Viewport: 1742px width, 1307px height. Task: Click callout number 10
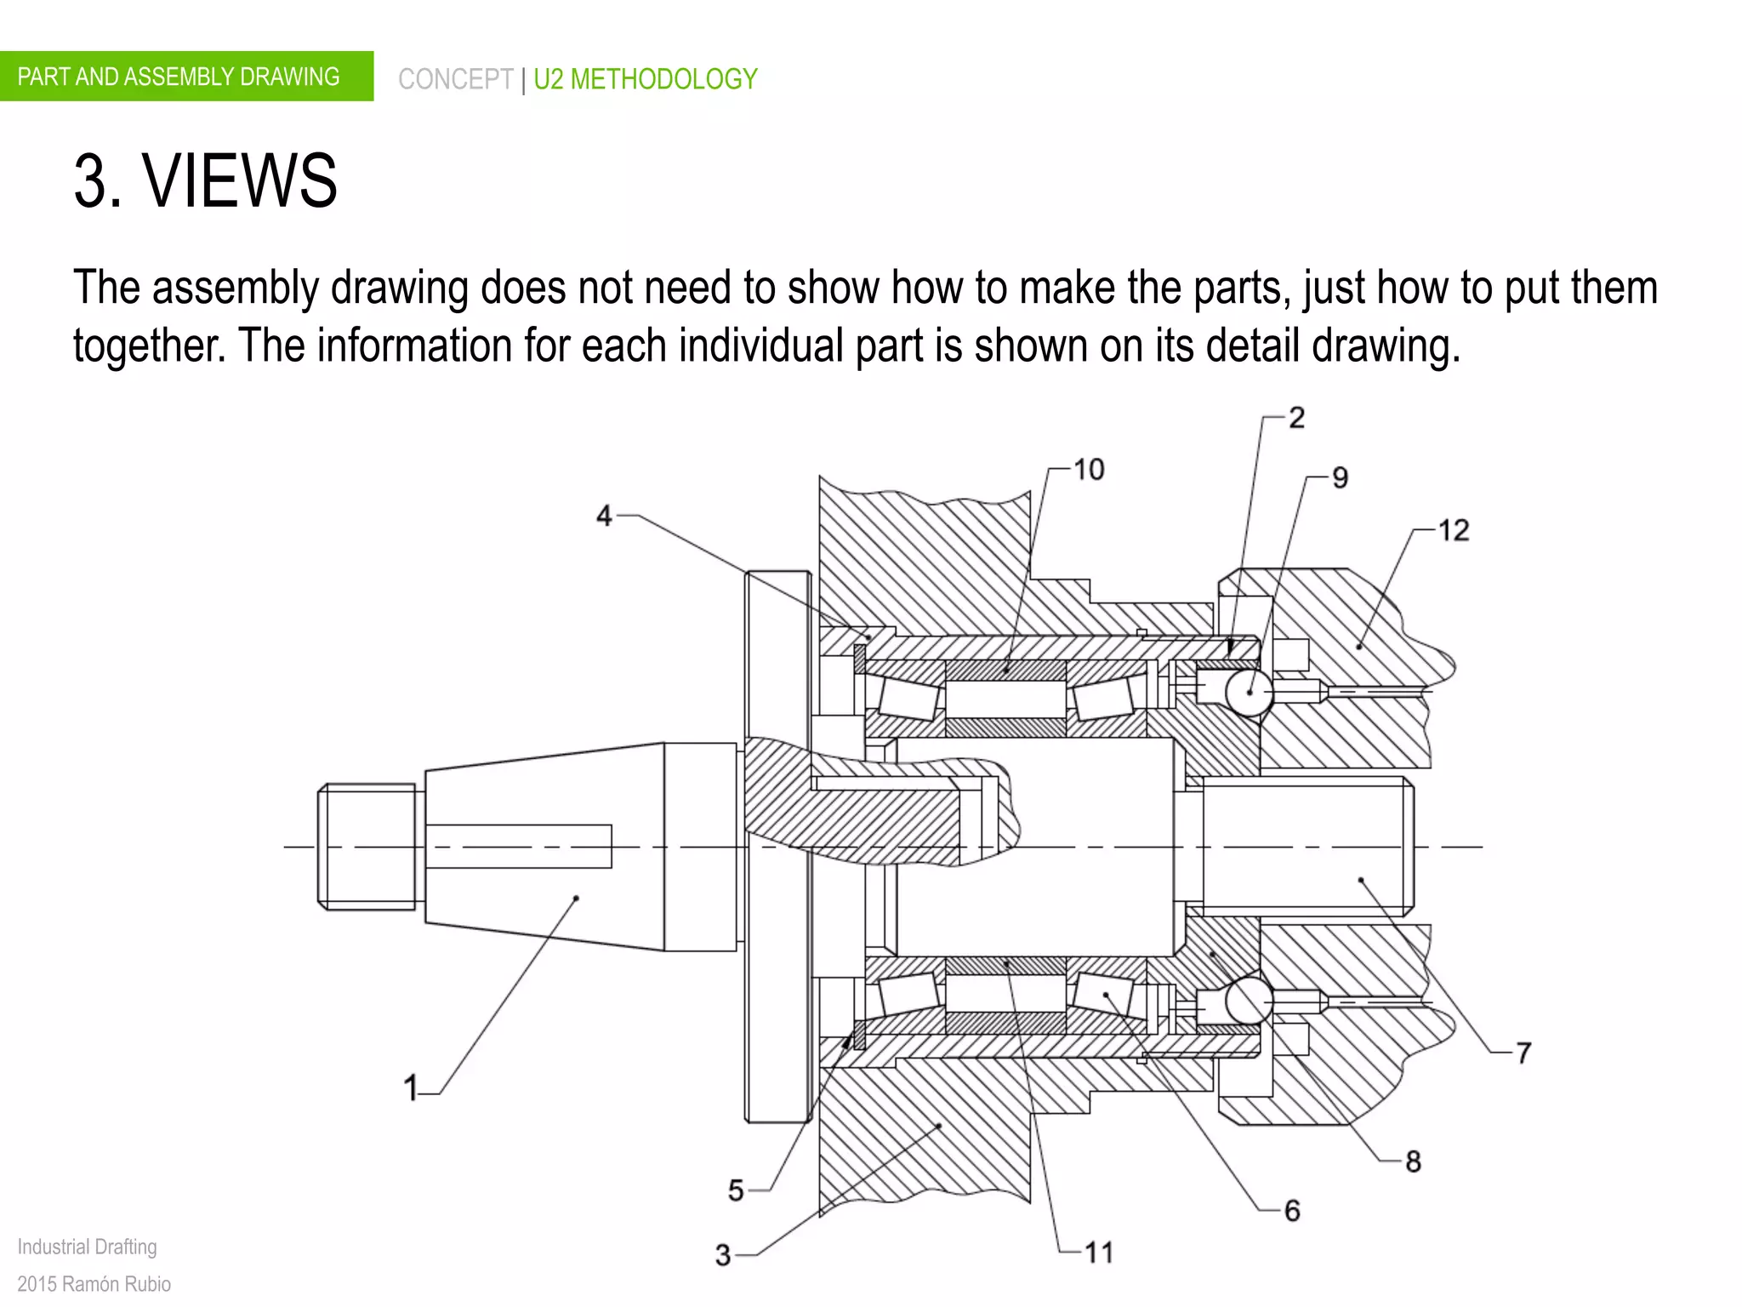click(x=1089, y=470)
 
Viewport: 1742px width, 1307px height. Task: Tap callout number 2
click(x=1296, y=418)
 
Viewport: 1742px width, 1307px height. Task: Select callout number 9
click(x=1340, y=477)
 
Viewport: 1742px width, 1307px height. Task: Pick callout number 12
click(x=1453, y=530)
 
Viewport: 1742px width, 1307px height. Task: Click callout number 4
click(x=604, y=515)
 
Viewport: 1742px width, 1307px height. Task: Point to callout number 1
click(x=411, y=1087)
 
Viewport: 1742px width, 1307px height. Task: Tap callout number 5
click(x=736, y=1190)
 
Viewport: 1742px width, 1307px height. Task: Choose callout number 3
click(x=723, y=1254)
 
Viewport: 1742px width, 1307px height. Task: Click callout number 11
click(x=1098, y=1252)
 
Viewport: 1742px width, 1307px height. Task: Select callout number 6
click(x=1292, y=1210)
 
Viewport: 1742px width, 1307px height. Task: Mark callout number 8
click(x=1413, y=1161)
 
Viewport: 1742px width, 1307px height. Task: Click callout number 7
click(x=1523, y=1053)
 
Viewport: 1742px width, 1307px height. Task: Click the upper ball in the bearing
click(x=1249, y=692)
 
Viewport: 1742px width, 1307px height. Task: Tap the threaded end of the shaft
click(x=367, y=847)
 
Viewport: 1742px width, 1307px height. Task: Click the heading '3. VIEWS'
click(x=206, y=180)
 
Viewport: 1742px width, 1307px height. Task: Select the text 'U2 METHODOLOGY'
click(x=645, y=79)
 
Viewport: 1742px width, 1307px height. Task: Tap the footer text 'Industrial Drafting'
click(x=87, y=1247)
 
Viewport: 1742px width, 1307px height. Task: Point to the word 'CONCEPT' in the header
click(x=455, y=79)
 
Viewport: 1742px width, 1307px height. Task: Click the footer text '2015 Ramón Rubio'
click(x=94, y=1283)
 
